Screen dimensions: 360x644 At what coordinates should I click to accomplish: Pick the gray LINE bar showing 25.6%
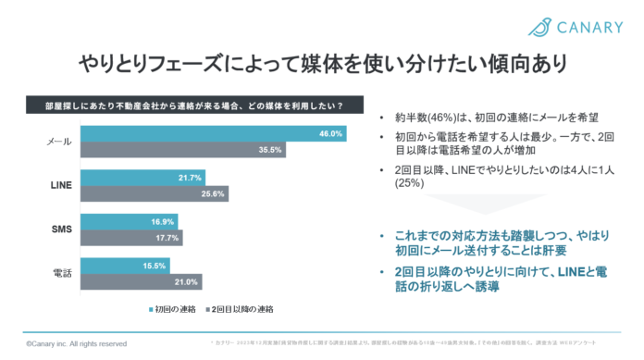coord(157,193)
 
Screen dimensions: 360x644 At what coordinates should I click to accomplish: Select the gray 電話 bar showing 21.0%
coord(144,281)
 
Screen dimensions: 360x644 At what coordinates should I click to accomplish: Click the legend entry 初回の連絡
coord(175,307)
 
